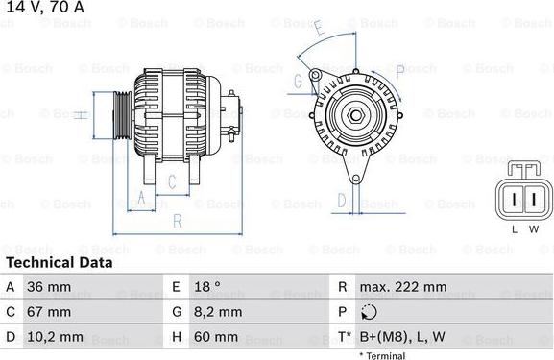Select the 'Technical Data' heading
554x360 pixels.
[x=59, y=262]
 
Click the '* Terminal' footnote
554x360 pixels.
[x=382, y=355]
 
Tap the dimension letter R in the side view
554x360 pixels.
[x=178, y=221]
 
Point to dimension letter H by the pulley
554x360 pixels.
[x=83, y=115]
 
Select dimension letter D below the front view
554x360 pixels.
[x=342, y=200]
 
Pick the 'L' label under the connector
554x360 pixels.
[x=514, y=229]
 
